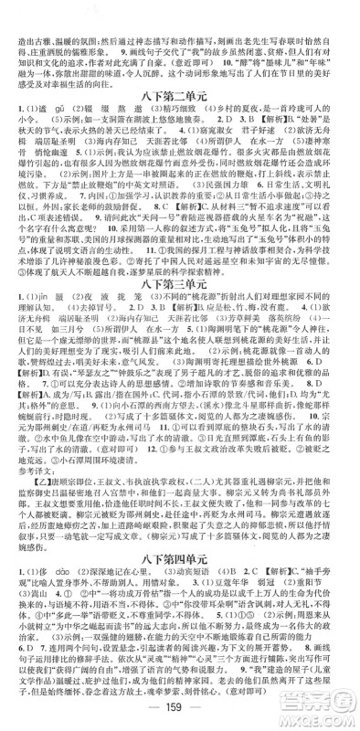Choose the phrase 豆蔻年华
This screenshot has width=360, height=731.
coord(273,580)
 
